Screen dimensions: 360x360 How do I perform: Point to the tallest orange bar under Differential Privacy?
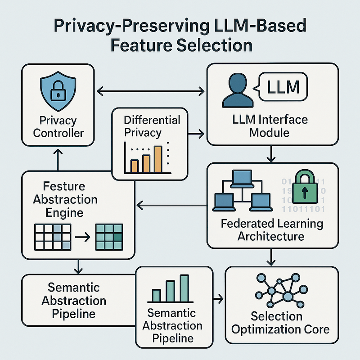(x=157, y=160)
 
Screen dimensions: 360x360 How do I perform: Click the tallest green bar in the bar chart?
(x=184, y=288)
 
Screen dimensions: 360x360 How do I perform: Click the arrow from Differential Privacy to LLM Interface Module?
(x=194, y=133)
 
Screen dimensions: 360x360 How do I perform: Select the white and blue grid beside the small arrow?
(x=53, y=236)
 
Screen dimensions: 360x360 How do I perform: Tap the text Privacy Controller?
(x=58, y=127)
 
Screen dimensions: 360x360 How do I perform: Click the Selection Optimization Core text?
(x=280, y=322)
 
